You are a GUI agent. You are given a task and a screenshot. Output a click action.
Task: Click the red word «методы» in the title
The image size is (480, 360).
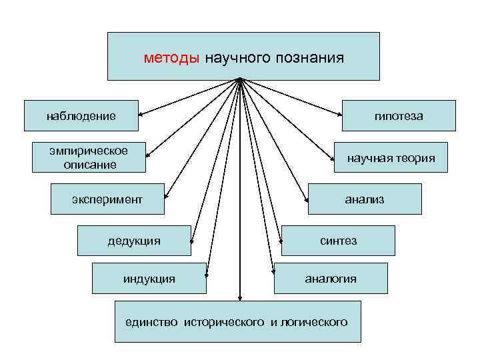(x=171, y=58)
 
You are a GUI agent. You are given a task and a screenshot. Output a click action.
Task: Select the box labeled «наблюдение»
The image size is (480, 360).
(x=81, y=116)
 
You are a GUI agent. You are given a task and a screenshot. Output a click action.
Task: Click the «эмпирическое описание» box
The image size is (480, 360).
(x=90, y=157)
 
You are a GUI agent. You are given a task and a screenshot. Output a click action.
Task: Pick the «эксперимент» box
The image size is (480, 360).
(x=107, y=199)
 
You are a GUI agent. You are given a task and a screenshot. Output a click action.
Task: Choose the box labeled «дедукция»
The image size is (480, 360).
(x=134, y=240)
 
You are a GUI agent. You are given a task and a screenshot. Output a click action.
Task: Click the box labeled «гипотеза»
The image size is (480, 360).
(x=399, y=116)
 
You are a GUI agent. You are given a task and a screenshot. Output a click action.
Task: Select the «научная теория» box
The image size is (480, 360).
(x=391, y=158)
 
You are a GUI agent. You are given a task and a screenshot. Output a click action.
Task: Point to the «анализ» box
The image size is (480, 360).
(x=365, y=199)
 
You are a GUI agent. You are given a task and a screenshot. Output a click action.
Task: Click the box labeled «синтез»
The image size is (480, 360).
(x=338, y=240)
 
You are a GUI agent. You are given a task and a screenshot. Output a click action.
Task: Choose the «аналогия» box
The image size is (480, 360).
(x=331, y=278)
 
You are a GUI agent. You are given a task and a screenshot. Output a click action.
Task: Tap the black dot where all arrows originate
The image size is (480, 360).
(x=240, y=81)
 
